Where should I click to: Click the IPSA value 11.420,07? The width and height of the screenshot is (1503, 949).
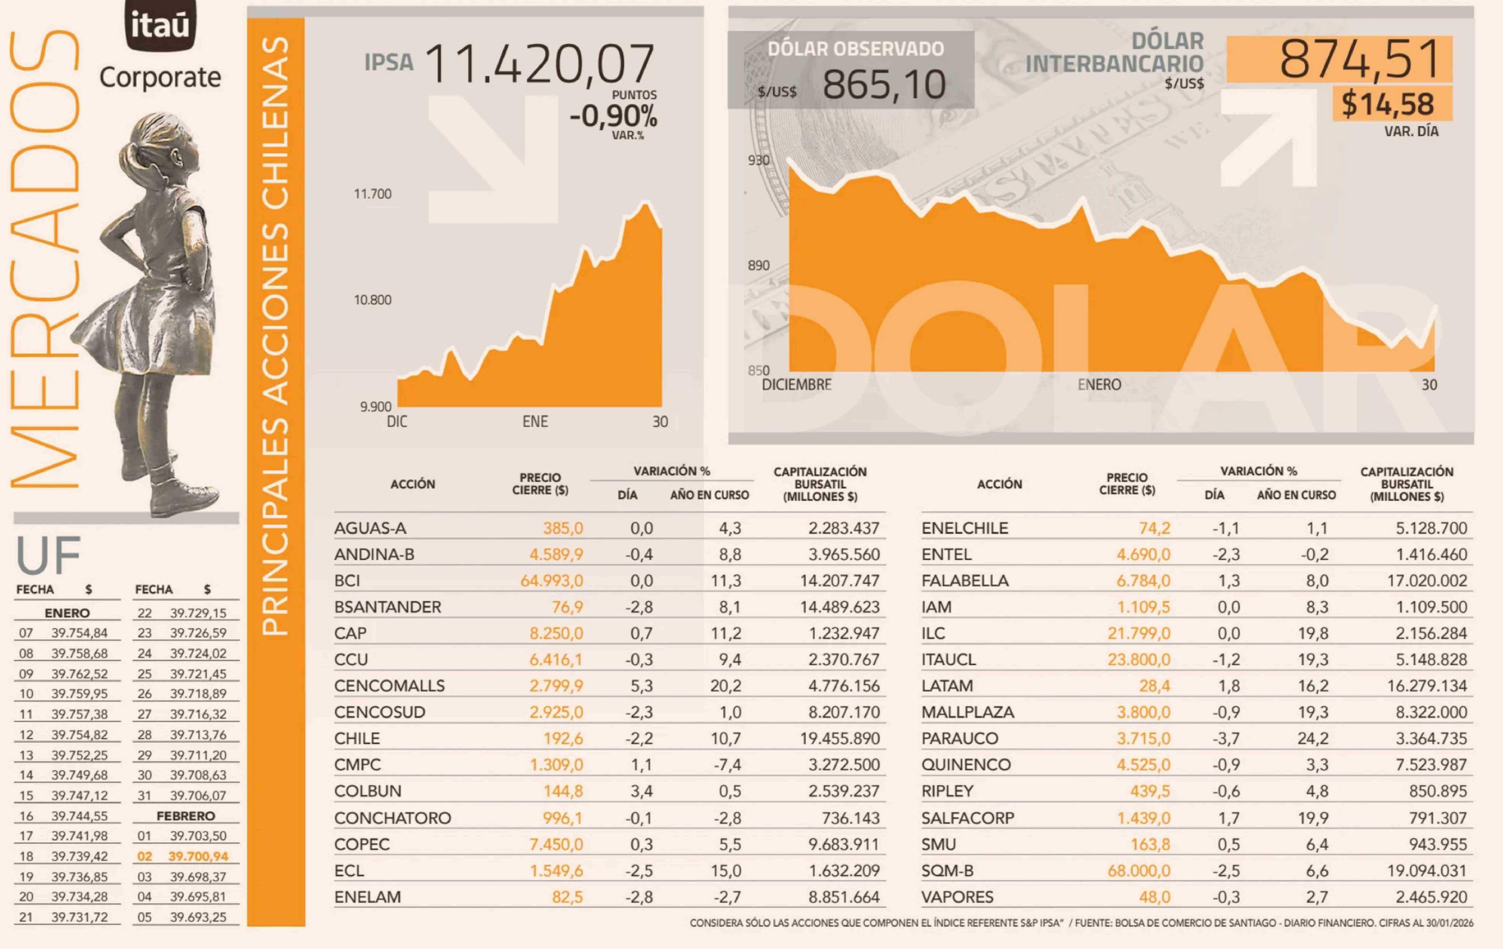click(540, 64)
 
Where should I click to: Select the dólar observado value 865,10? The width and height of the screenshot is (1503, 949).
click(884, 85)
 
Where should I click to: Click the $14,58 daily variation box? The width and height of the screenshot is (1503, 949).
click(1388, 104)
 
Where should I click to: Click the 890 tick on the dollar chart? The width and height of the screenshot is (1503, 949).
click(758, 265)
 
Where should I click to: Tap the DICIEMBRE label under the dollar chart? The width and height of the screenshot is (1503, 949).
click(796, 385)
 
